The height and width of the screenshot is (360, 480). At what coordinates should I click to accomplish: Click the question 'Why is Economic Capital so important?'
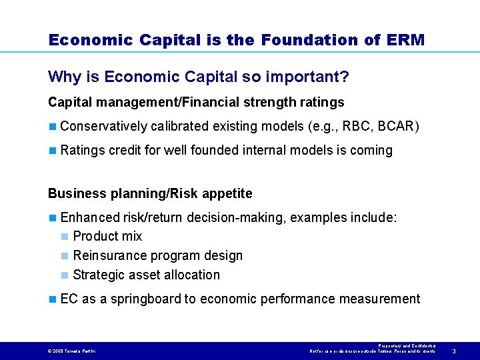[x=199, y=77]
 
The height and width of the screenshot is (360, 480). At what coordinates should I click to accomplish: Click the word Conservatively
[x=103, y=126]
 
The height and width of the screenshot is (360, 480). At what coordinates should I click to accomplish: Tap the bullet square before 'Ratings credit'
[x=53, y=151]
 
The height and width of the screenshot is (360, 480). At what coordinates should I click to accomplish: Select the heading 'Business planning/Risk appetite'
[x=150, y=194]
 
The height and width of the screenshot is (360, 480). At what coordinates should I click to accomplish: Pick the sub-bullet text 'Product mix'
[x=107, y=237]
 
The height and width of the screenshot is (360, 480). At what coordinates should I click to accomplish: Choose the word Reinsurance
[x=108, y=256]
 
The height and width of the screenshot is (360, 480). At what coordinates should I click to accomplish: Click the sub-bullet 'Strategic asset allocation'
[x=146, y=275]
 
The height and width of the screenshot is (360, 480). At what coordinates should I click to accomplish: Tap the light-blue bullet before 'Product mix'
[x=65, y=237]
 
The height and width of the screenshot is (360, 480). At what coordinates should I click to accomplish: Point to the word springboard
[x=161, y=299]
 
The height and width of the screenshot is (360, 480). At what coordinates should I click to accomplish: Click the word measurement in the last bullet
[x=379, y=299]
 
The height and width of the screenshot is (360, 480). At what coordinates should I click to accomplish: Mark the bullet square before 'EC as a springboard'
[x=53, y=299]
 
